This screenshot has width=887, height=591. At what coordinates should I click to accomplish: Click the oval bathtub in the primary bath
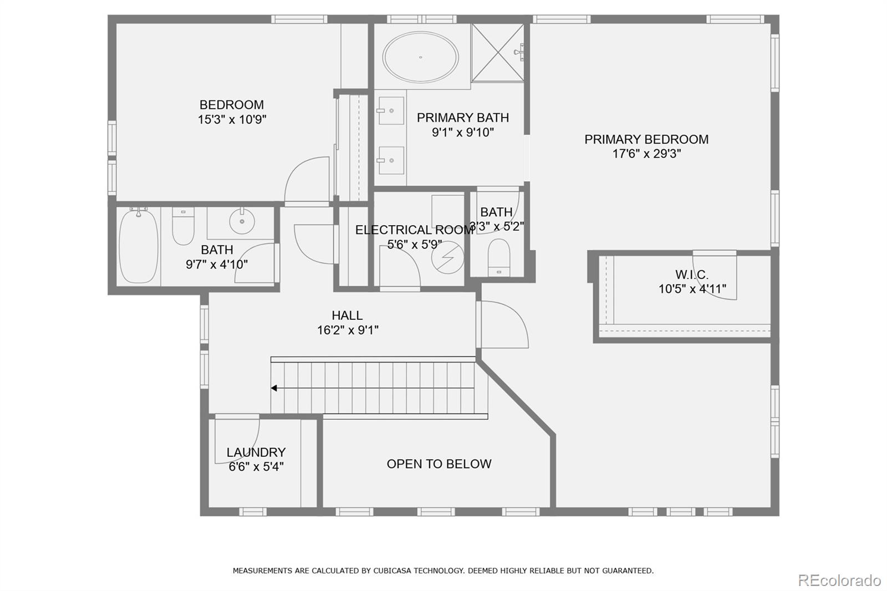tap(421, 57)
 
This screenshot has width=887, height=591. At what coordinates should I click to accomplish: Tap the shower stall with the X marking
tap(497, 53)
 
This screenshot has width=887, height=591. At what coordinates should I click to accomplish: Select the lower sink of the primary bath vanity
tap(391, 160)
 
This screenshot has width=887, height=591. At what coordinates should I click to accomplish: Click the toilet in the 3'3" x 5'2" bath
tap(498, 257)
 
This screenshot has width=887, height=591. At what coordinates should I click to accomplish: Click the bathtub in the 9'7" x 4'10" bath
tap(138, 246)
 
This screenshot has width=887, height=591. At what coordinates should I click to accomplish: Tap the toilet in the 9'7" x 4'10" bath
tap(183, 226)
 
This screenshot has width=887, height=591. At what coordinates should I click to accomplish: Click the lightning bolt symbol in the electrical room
tap(448, 257)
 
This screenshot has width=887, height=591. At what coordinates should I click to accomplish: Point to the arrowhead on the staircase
tap(274, 388)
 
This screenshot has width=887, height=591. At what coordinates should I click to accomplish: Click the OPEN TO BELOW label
tap(439, 464)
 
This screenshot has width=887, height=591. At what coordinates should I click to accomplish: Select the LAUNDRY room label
tap(256, 452)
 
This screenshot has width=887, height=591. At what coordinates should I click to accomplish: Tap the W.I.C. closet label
tap(691, 274)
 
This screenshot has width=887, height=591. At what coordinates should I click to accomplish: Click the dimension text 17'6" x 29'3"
tap(646, 154)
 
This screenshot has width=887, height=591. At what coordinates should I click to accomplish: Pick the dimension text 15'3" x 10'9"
tap(232, 119)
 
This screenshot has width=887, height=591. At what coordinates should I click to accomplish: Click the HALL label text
tap(347, 315)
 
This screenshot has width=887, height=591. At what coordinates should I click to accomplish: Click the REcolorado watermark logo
tap(839, 580)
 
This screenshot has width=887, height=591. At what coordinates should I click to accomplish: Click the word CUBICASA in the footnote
tap(395, 570)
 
